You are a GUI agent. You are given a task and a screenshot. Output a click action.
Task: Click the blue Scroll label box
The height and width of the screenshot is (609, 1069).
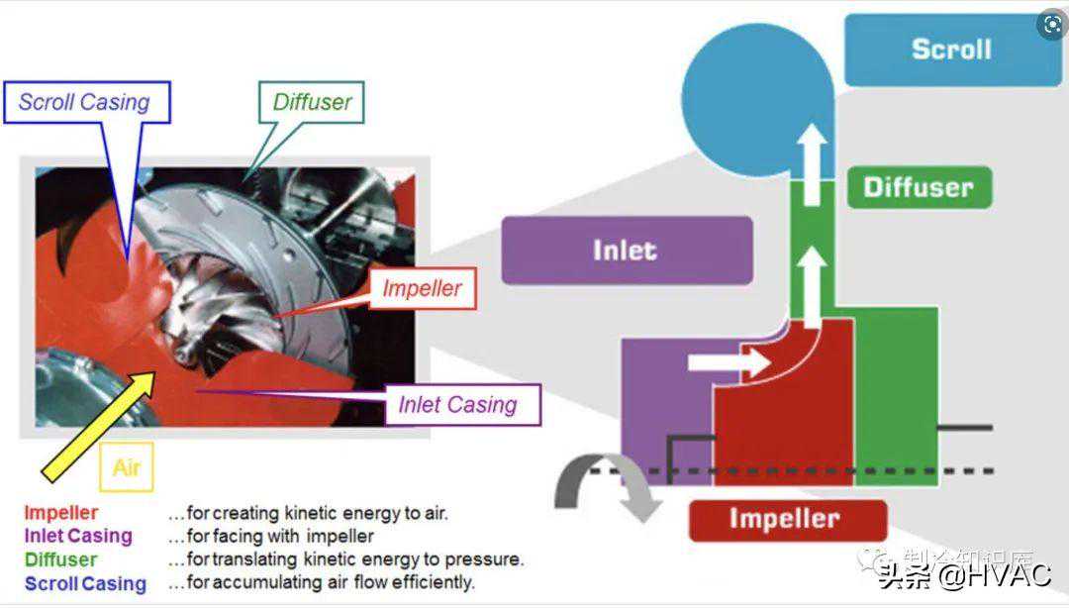pos(951,50)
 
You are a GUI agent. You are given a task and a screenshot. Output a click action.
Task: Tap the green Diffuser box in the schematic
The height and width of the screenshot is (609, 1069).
pos(919,186)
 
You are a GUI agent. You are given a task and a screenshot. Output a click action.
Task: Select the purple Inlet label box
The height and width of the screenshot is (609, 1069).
pos(626,250)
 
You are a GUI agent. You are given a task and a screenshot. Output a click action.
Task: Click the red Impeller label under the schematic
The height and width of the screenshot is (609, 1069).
pos(785,519)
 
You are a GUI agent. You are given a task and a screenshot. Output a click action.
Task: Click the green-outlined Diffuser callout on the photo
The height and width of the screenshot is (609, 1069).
pos(312,102)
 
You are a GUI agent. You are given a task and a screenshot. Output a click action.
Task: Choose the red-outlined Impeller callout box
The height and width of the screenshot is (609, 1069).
pos(423,289)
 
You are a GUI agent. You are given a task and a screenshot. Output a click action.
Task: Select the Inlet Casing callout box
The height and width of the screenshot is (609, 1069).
pos(457,404)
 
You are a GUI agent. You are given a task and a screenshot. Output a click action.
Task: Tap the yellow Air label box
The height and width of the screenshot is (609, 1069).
pos(127,467)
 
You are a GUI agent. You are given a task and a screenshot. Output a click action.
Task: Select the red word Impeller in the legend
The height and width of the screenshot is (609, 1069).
pos(61,513)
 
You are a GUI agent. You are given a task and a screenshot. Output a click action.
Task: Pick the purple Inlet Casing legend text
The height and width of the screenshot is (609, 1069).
pos(78,536)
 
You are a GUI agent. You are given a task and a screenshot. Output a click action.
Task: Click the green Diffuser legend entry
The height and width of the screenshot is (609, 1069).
pos(61,559)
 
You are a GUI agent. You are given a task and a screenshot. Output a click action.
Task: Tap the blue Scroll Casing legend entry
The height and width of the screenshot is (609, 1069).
pos(85,583)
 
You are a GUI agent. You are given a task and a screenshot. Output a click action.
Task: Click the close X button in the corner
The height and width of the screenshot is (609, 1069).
pos(1049,25)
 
